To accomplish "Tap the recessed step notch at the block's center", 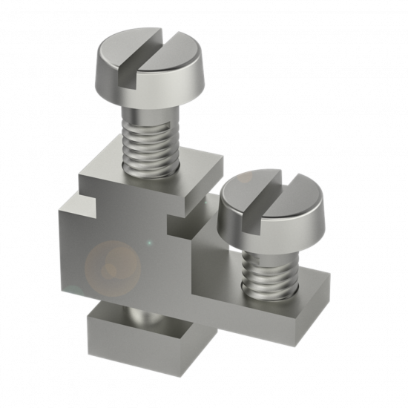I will (182, 223).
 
